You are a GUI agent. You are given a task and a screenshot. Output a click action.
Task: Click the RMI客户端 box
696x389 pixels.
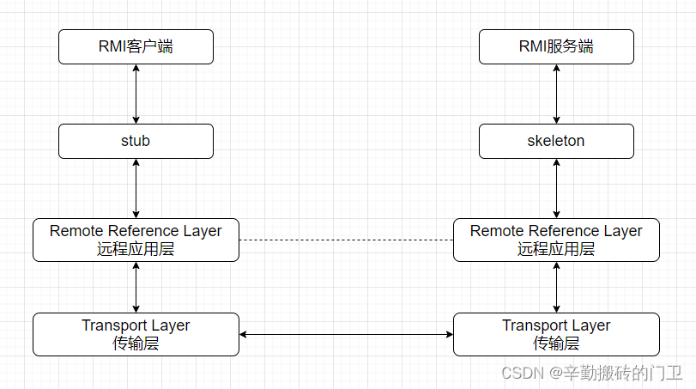point(136,46)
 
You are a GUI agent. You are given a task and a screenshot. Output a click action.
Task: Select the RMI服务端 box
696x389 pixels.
point(556,46)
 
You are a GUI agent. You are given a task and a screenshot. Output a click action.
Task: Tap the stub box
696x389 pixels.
point(136,141)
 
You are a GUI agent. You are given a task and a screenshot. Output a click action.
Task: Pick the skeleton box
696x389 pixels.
point(556,141)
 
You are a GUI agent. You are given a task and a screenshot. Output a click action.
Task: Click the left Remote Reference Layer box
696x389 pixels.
point(136,240)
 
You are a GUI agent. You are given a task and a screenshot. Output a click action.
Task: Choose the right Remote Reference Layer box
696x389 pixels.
point(556,240)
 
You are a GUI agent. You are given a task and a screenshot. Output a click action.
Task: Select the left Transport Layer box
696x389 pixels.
point(136,334)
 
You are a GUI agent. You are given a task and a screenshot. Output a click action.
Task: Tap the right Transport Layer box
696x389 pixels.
point(556,334)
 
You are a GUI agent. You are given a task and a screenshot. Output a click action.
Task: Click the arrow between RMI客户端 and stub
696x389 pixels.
point(136,94)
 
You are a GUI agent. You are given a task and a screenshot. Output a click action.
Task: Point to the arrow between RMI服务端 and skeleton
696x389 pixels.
point(556,94)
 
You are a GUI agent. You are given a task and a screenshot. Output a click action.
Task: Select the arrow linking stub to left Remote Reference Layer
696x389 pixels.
point(136,188)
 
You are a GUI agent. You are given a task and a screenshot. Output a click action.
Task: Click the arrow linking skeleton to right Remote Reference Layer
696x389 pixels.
point(556,188)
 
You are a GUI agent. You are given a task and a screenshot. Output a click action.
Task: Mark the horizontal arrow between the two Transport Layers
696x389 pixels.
point(346,334)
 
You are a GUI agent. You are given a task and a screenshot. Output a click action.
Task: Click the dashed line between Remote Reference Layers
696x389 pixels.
point(346,240)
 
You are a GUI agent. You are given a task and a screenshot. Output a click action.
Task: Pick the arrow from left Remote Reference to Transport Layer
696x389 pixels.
point(136,287)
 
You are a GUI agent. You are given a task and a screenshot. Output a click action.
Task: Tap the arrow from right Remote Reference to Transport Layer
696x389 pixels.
point(556,287)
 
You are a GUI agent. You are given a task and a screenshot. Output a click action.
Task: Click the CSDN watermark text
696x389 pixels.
point(591,373)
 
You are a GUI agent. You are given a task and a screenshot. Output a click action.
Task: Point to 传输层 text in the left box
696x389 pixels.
point(136,343)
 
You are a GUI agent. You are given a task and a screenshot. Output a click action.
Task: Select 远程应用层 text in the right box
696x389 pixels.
point(556,249)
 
